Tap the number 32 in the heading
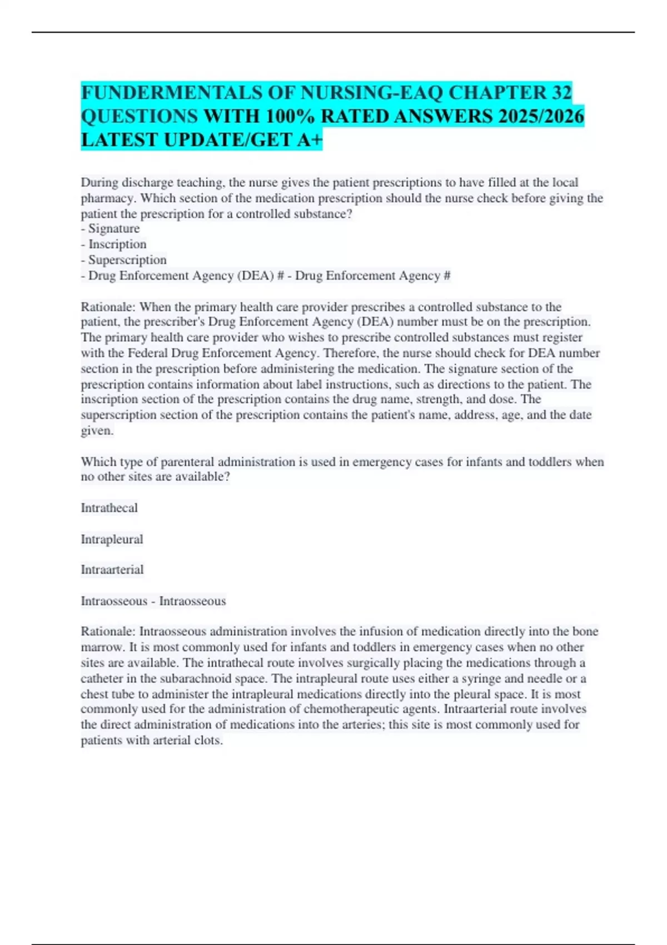562,92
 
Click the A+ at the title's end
310,140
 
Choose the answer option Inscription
117,245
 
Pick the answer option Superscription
127,260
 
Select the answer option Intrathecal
109,508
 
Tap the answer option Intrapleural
112,539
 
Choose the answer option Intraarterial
112,570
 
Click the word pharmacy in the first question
108,198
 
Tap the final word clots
208,741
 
